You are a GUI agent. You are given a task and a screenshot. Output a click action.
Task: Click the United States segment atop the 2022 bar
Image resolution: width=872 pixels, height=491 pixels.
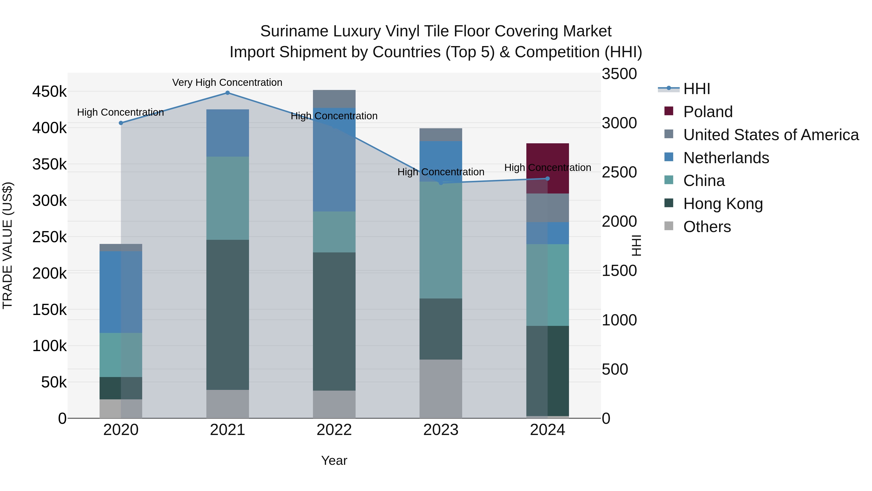pos(334,99)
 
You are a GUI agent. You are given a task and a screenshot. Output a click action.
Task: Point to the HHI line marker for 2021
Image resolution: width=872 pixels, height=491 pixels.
pos(227,93)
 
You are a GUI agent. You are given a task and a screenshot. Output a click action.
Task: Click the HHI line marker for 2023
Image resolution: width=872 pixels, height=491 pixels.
pos(441,183)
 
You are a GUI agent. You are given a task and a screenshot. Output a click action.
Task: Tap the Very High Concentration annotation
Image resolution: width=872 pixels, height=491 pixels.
pos(227,83)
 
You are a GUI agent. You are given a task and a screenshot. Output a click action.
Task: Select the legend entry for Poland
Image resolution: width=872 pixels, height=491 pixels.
pos(708,112)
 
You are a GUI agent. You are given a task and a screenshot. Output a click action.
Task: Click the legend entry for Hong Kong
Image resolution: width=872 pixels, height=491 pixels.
pos(723,204)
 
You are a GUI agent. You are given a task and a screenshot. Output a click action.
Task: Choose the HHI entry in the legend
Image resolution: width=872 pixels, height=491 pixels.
pos(696,89)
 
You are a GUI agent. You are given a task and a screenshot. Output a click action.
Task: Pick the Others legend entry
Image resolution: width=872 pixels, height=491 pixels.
pos(707,227)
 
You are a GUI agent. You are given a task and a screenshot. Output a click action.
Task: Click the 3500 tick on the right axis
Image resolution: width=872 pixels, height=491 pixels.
pos(619,74)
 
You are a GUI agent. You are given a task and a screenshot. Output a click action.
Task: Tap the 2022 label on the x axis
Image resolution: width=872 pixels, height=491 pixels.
pos(334,430)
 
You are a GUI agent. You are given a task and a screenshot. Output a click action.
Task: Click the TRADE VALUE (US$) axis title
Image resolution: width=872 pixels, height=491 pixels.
pos(8,245)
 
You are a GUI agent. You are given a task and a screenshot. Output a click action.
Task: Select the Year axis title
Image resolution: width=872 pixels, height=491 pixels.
pos(334,460)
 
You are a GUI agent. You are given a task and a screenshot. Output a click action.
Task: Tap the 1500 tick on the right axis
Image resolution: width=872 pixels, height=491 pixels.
pos(619,271)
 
